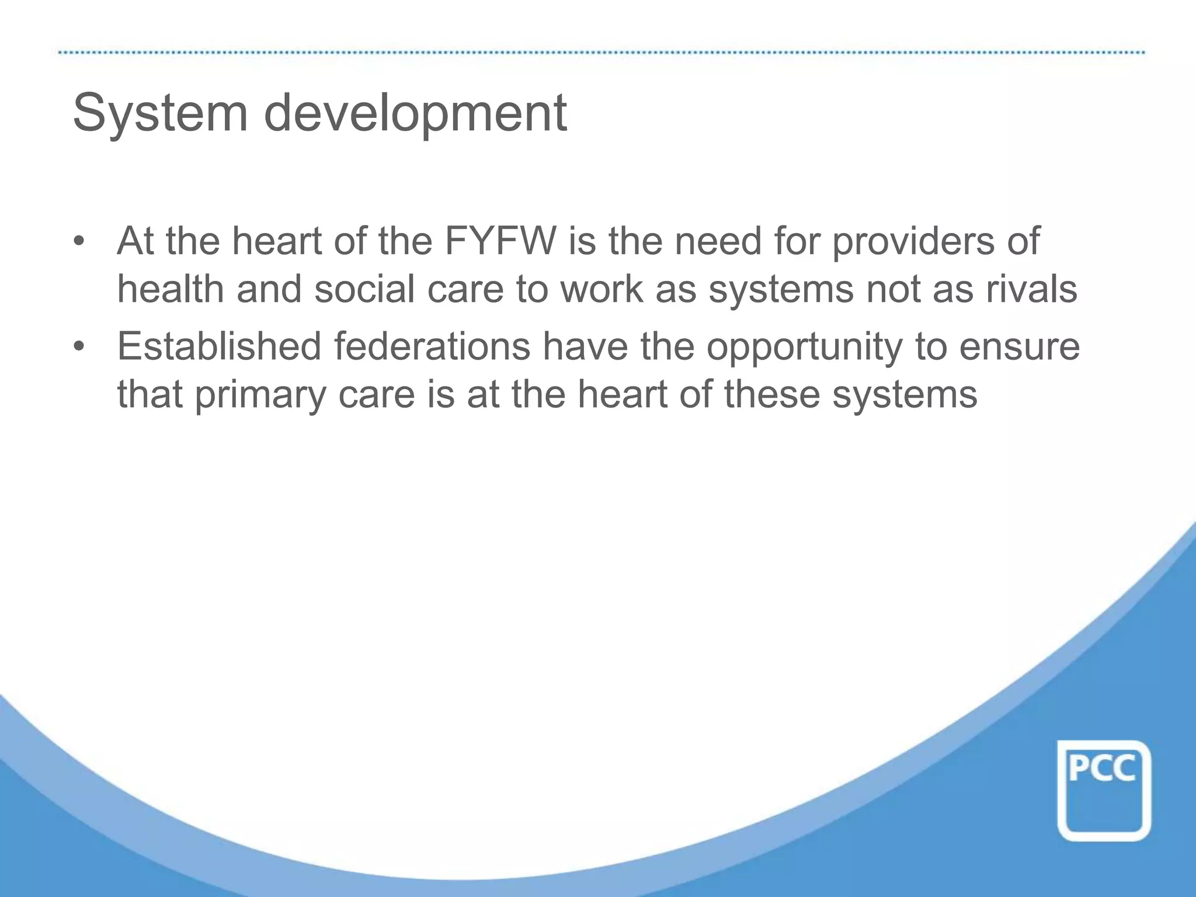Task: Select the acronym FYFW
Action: click(500, 241)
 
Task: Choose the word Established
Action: click(220, 346)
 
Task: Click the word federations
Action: click(432, 346)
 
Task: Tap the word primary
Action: click(260, 396)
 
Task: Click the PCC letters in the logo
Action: click(1102, 769)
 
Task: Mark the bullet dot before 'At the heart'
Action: click(79, 242)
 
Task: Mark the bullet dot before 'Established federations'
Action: click(79, 347)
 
